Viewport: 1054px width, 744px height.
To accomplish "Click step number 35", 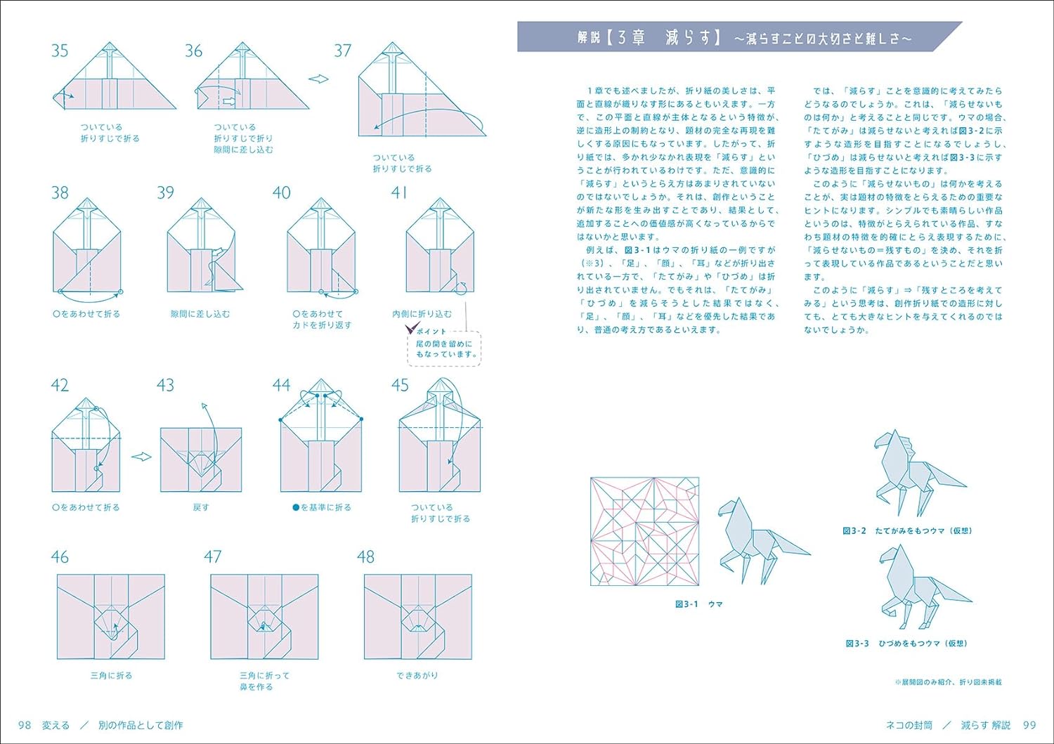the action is (60, 51).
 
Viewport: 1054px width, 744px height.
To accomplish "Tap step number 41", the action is (399, 192).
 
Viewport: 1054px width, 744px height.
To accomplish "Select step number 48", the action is (365, 556).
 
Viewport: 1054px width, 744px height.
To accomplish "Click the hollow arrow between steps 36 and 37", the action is (318, 79).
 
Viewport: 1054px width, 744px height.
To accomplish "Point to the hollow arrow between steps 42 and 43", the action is (141, 457).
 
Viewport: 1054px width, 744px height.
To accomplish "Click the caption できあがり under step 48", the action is (417, 675).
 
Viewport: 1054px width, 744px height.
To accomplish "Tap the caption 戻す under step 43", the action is (201, 507).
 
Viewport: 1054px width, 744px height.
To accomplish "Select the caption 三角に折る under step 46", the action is (112, 675).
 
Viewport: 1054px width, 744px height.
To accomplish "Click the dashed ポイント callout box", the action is (443, 348).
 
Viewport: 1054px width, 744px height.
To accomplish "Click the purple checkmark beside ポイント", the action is (412, 328).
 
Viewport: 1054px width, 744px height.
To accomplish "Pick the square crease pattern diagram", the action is (644, 531).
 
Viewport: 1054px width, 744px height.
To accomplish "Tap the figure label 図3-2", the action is (854, 531).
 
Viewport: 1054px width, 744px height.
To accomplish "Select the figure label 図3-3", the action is (857, 644).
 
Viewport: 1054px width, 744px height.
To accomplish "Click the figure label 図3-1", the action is (687, 604).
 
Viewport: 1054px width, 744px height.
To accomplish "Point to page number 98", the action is (25, 725).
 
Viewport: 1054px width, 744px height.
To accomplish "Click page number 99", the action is (1029, 725).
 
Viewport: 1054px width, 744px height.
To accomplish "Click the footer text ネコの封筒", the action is (909, 725).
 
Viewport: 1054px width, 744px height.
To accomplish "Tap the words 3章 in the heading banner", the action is (631, 37).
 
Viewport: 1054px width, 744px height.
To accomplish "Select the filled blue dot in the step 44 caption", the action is (296, 507).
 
